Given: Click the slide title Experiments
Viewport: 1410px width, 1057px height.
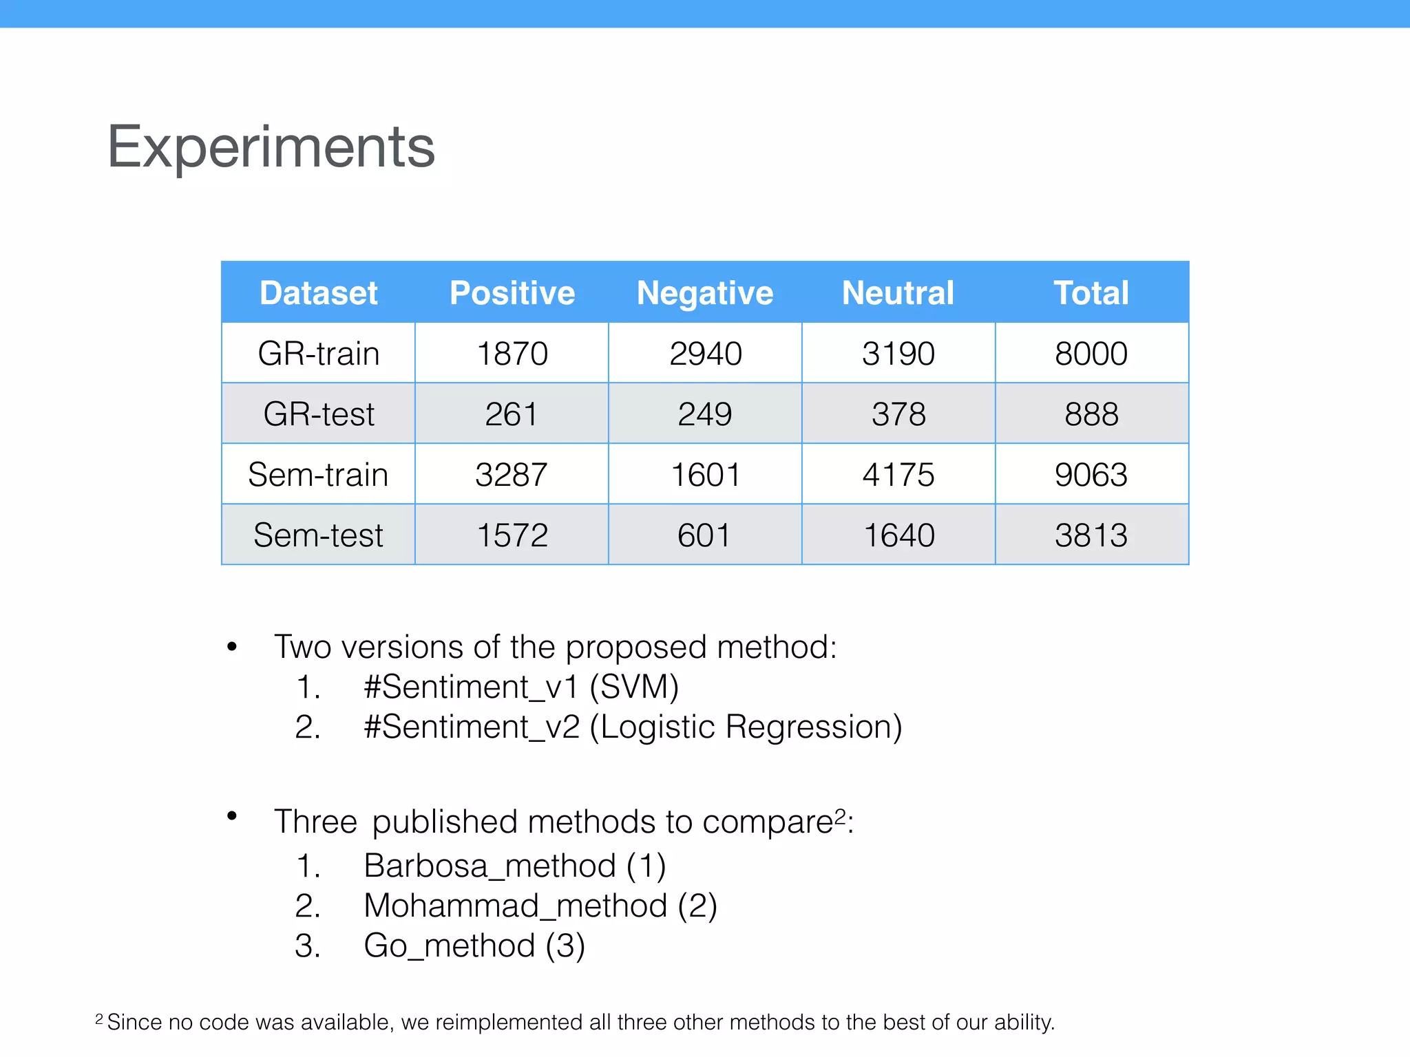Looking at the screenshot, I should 271,147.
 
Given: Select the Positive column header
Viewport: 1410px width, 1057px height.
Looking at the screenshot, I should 512,293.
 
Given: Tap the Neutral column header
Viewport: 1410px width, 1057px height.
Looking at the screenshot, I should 898,293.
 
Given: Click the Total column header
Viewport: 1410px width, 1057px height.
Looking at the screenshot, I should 1091,293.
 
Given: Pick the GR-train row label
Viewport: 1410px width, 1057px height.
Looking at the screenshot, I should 319,354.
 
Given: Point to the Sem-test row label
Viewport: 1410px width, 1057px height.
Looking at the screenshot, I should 318,535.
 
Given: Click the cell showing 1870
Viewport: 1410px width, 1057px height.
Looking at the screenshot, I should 512,354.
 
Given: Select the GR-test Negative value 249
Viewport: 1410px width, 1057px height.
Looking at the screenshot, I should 705,414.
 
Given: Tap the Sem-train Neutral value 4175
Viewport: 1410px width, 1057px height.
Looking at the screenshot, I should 898,475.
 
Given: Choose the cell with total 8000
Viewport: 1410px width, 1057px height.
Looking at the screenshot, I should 1091,354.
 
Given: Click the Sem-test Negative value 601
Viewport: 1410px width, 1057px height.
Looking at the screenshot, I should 704,535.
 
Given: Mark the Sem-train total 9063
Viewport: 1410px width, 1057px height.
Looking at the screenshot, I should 1091,475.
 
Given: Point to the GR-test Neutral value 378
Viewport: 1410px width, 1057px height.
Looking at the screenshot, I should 898,414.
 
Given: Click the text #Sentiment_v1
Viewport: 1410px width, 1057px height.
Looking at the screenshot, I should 471,687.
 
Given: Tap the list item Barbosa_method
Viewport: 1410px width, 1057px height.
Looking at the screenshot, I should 490,866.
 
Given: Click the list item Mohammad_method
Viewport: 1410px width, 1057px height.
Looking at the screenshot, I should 515,906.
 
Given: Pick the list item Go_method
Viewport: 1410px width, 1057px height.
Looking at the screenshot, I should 449,946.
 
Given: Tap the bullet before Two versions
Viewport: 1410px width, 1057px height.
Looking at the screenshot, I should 232,647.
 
